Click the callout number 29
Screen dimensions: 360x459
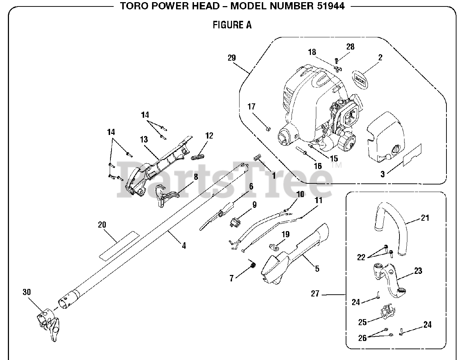coord(231,57)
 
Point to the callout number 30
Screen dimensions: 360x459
coord(27,292)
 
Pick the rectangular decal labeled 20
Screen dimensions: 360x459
coord(118,246)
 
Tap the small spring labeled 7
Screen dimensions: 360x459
coord(253,265)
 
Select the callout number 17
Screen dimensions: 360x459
coord(251,107)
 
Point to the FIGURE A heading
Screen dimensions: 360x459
coord(232,25)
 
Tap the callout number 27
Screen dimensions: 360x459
coord(315,294)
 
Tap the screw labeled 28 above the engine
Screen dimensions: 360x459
coord(336,60)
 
